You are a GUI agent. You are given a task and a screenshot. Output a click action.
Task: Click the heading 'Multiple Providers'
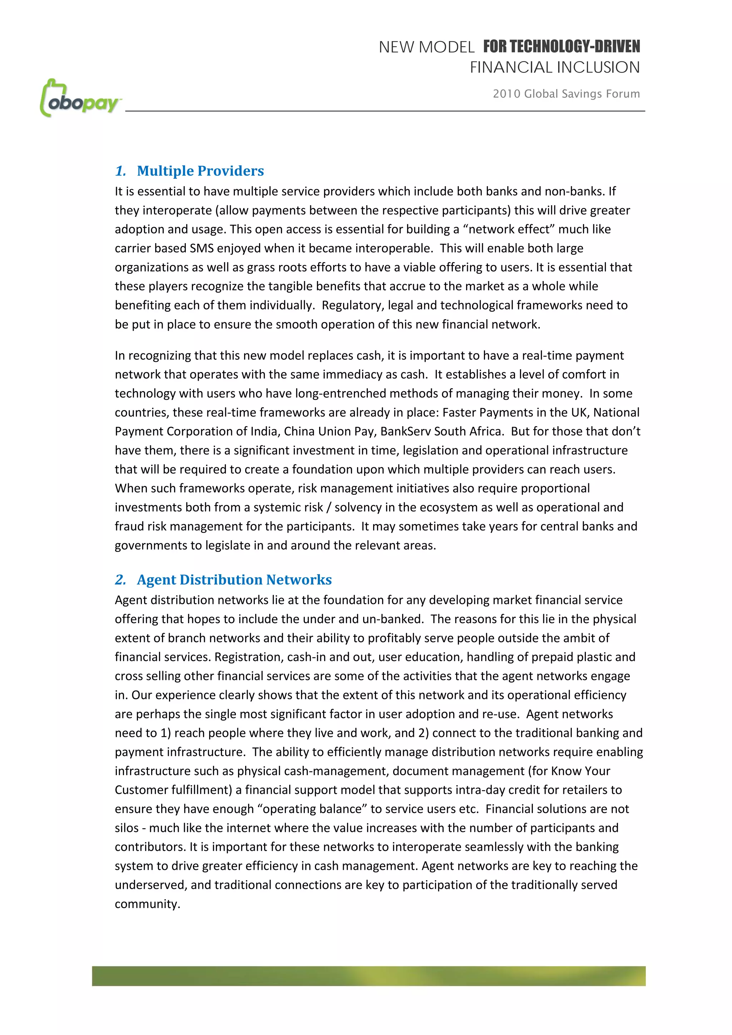(x=200, y=171)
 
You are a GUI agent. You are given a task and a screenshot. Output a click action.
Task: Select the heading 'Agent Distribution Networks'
(x=234, y=580)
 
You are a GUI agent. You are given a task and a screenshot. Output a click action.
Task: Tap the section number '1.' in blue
(x=120, y=171)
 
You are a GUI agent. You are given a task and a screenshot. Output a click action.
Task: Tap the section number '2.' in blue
(x=120, y=580)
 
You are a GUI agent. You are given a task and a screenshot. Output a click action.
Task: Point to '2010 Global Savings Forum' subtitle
(x=566, y=94)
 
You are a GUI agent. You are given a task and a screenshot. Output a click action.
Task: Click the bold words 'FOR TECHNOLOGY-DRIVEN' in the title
(x=561, y=46)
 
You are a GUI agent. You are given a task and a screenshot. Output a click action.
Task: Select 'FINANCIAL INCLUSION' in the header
(x=555, y=68)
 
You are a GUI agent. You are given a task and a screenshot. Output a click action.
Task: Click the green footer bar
(x=369, y=976)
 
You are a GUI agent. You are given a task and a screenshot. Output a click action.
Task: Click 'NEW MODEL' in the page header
(x=426, y=47)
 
